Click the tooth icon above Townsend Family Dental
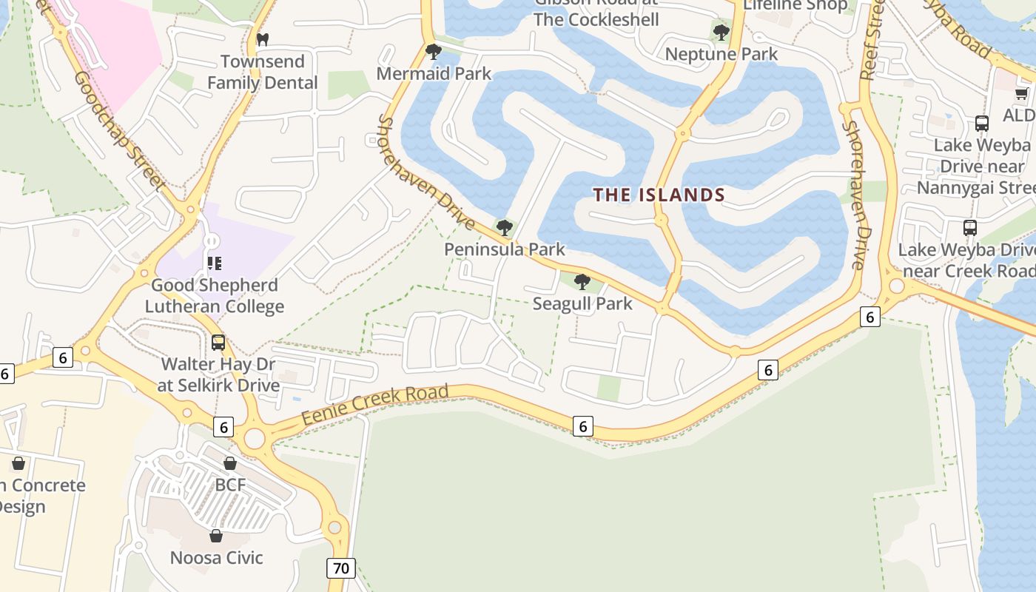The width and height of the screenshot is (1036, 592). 261,39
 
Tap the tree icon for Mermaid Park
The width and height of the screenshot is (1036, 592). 434,52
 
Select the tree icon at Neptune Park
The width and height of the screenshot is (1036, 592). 721,33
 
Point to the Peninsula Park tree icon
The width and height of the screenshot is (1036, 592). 505,227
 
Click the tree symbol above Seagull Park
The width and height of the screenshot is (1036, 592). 582,282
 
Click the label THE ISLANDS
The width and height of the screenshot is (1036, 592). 659,195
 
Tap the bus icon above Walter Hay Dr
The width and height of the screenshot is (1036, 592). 218,343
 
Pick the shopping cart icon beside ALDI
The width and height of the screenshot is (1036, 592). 1022,94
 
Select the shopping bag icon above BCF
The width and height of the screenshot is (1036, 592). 230,464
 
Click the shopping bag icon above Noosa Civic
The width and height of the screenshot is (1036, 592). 216,536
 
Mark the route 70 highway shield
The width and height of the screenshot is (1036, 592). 340,568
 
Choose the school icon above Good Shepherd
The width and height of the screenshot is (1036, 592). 215,263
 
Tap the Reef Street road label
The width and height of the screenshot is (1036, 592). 873,41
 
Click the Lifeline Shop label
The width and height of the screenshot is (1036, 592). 795,6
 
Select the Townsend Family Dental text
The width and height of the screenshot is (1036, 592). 262,72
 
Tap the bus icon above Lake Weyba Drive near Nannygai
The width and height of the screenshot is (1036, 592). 982,124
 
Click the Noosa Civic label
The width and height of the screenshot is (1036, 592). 216,557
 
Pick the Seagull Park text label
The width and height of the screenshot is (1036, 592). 582,303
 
